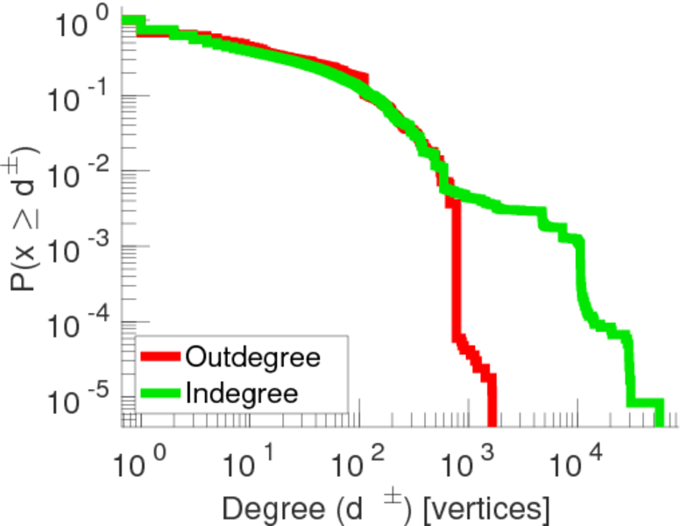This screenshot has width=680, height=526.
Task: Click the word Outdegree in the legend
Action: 253,358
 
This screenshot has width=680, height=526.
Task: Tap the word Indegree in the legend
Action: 242,393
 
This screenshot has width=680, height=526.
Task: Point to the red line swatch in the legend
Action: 160,358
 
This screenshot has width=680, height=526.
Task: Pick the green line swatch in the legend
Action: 160,393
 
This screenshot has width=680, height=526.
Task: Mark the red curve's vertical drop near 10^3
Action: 455,272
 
